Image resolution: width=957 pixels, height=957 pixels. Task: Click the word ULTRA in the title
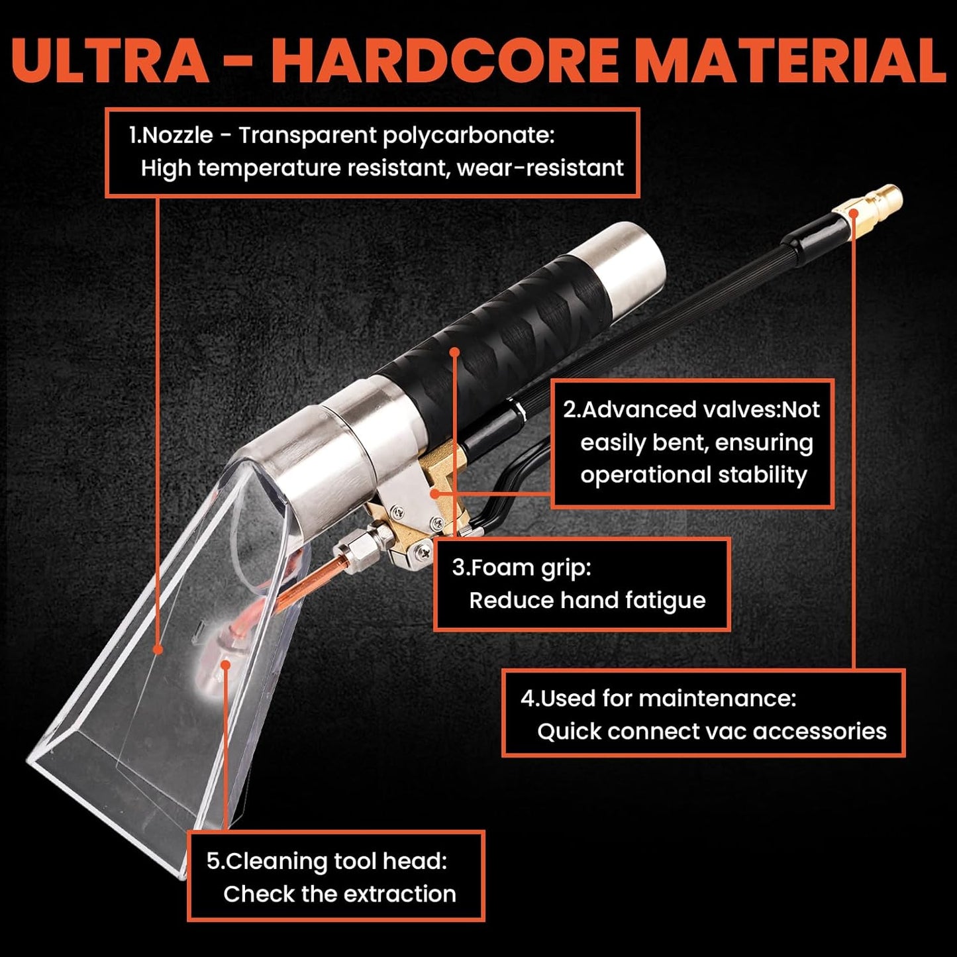(x=110, y=60)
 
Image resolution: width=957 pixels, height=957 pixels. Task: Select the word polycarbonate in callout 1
(x=469, y=135)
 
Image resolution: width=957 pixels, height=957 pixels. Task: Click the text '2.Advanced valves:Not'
(x=691, y=410)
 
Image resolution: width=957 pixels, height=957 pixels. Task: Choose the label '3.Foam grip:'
(x=521, y=568)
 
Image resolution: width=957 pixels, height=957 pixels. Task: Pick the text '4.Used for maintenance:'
(x=658, y=698)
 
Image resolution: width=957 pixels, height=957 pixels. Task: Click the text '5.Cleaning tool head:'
(x=327, y=861)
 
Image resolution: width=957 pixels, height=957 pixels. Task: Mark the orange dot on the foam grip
(x=454, y=352)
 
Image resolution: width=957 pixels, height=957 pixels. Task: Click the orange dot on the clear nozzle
(x=158, y=649)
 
